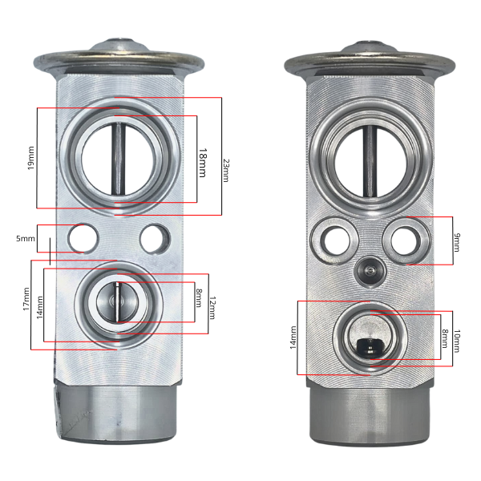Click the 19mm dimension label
click(31, 158)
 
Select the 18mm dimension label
click(203, 163)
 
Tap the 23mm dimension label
click(226, 170)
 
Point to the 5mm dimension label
click(26, 238)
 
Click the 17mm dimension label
click(26, 299)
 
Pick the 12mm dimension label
click(212, 308)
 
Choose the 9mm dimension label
click(457, 242)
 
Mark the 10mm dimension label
click(457, 341)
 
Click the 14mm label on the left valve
click(40, 307)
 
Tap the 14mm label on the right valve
click(293, 338)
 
